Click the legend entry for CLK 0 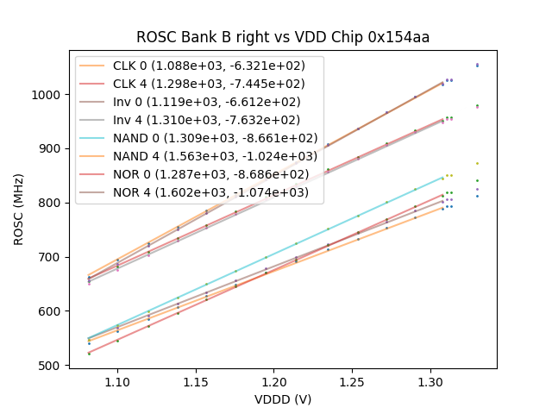(x=215, y=66)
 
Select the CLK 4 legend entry (x=215, y=84)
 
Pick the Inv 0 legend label (x=215, y=102)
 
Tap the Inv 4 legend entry (x=215, y=120)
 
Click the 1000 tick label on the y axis (x=48, y=94)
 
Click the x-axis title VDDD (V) (x=282, y=400)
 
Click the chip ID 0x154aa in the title (x=401, y=37)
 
